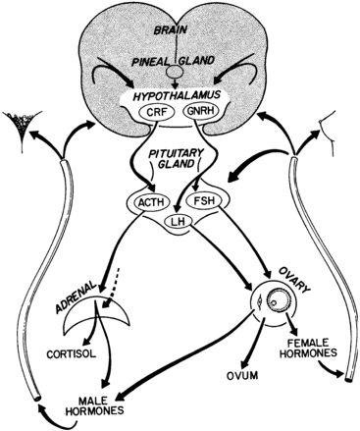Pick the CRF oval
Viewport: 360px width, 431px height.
(156, 117)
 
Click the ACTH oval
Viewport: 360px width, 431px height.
(145, 203)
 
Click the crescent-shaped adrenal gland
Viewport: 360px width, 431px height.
(126, 316)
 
